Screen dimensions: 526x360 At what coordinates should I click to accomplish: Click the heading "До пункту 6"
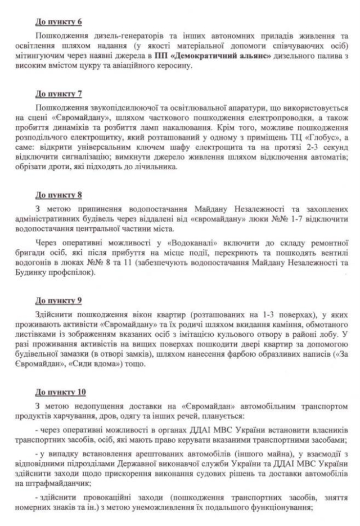58,22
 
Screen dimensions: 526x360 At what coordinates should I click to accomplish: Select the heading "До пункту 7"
58,93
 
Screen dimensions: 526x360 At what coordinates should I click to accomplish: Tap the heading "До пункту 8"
58,195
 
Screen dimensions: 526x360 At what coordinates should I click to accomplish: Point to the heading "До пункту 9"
58,300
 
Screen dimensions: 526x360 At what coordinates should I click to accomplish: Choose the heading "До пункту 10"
61,392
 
